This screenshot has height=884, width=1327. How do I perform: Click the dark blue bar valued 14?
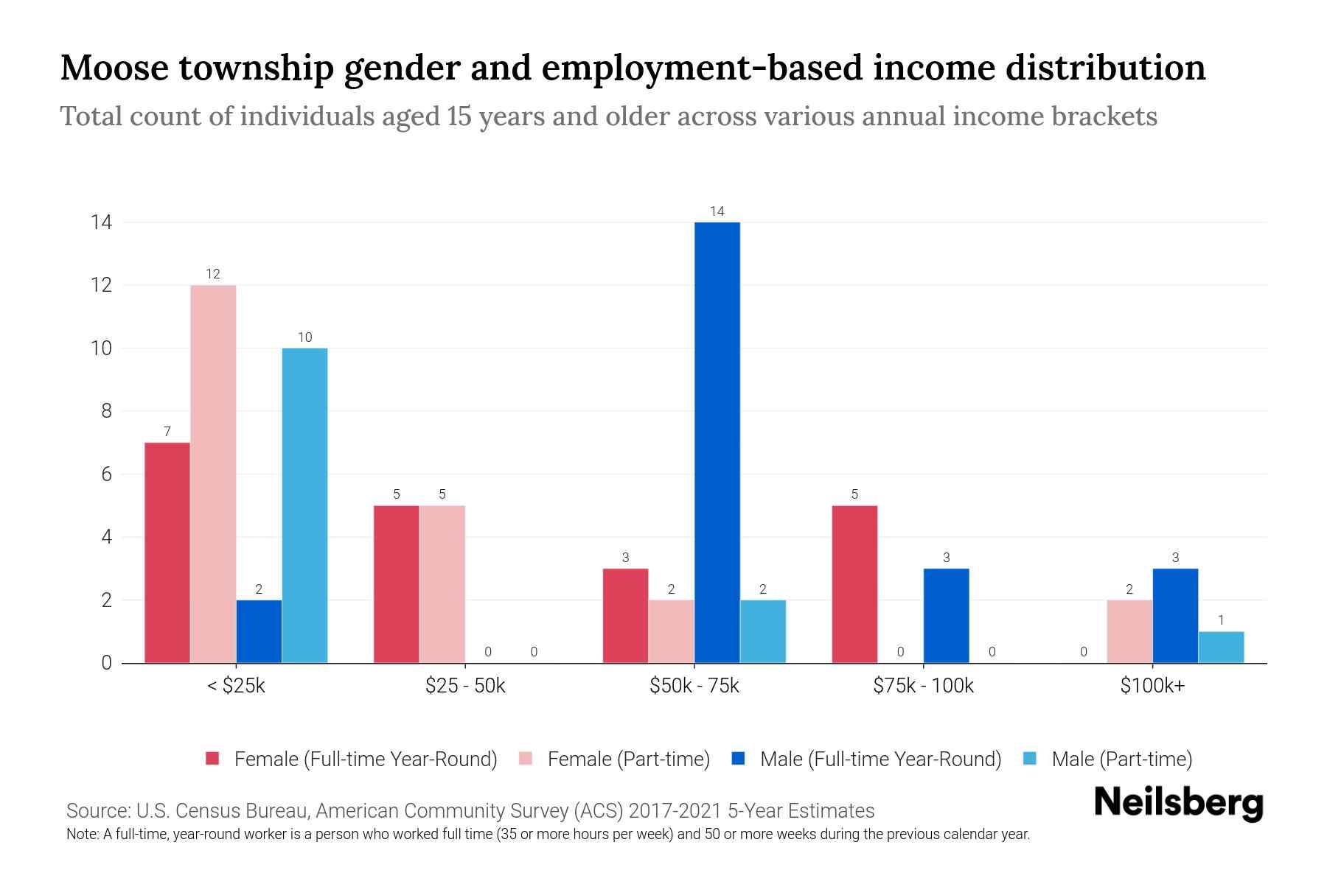(x=717, y=442)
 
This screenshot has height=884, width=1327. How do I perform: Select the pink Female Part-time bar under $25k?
(x=213, y=474)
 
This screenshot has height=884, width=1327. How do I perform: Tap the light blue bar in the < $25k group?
(x=304, y=505)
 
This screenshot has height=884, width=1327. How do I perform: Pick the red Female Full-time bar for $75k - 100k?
(x=854, y=584)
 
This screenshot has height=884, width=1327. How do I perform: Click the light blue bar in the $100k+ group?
(x=1221, y=647)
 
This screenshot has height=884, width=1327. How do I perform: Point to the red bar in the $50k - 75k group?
(x=625, y=616)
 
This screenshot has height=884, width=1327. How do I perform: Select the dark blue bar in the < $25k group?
(x=259, y=631)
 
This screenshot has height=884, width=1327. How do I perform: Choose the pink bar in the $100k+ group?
(x=1129, y=631)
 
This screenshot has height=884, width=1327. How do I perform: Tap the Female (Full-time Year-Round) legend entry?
(x=352, y=759)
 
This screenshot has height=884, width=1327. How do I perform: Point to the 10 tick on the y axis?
(x=102, y=348)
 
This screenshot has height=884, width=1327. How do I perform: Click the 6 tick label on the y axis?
(x=107, y=474)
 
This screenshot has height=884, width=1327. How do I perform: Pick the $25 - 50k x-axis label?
(x=465, y=686)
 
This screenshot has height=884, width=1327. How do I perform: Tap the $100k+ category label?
(x=1152, y=686)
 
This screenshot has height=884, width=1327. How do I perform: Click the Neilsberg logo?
(x=1178, y=803)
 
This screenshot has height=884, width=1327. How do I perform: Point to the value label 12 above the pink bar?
(x=213, y=274)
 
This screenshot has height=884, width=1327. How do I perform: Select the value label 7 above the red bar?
(x=167, y=432)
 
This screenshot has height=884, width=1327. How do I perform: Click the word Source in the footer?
(x=97, y=811)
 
